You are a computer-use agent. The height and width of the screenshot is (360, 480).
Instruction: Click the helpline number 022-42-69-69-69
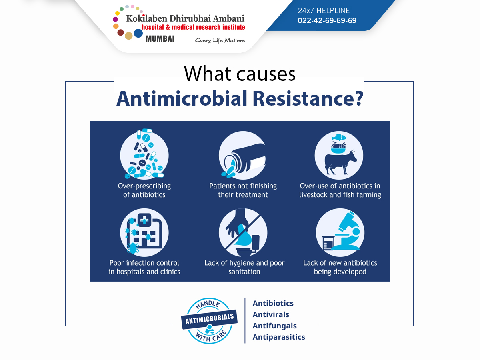(x=327, y=20)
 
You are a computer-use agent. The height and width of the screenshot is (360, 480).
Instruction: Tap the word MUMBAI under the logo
(x=160, y=39)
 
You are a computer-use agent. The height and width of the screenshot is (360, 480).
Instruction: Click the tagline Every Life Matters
(x=220, y=40)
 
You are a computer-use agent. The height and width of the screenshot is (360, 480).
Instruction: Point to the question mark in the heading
(x=359, y=98)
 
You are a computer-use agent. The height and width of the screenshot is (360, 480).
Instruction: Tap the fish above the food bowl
(x=339, y=138)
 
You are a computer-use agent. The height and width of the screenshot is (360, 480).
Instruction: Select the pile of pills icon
(x=144, y=154)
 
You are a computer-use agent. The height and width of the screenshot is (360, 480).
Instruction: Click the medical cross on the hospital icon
(x=144, y=220)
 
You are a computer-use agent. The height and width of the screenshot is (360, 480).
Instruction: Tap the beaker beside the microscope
(x=328, y=243)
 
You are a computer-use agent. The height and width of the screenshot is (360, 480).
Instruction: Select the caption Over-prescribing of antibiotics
(x=144, y=190)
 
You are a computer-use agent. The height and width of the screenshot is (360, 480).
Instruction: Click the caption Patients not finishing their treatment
(x=243, y=190)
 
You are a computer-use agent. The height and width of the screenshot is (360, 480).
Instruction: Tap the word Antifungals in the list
(x=275, y=326)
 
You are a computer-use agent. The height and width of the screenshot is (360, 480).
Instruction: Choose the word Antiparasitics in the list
(x=279, y=337)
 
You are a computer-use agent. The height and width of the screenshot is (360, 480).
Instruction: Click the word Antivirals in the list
(x=271, y=314)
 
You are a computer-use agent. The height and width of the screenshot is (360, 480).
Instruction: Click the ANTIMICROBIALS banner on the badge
(x=209, y=319)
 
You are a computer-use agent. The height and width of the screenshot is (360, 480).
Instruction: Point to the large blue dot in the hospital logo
(x=138, y=33)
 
